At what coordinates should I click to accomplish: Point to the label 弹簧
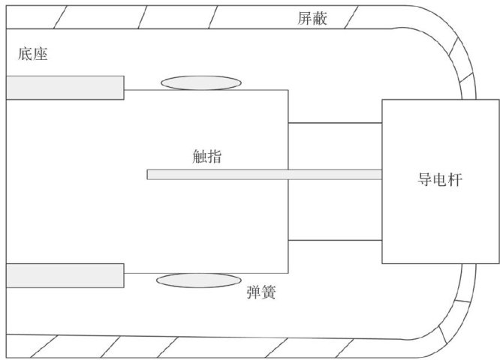click(261, 292)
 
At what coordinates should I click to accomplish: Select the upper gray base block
click(65, 87)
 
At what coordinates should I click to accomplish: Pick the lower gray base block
click(65, 275)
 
